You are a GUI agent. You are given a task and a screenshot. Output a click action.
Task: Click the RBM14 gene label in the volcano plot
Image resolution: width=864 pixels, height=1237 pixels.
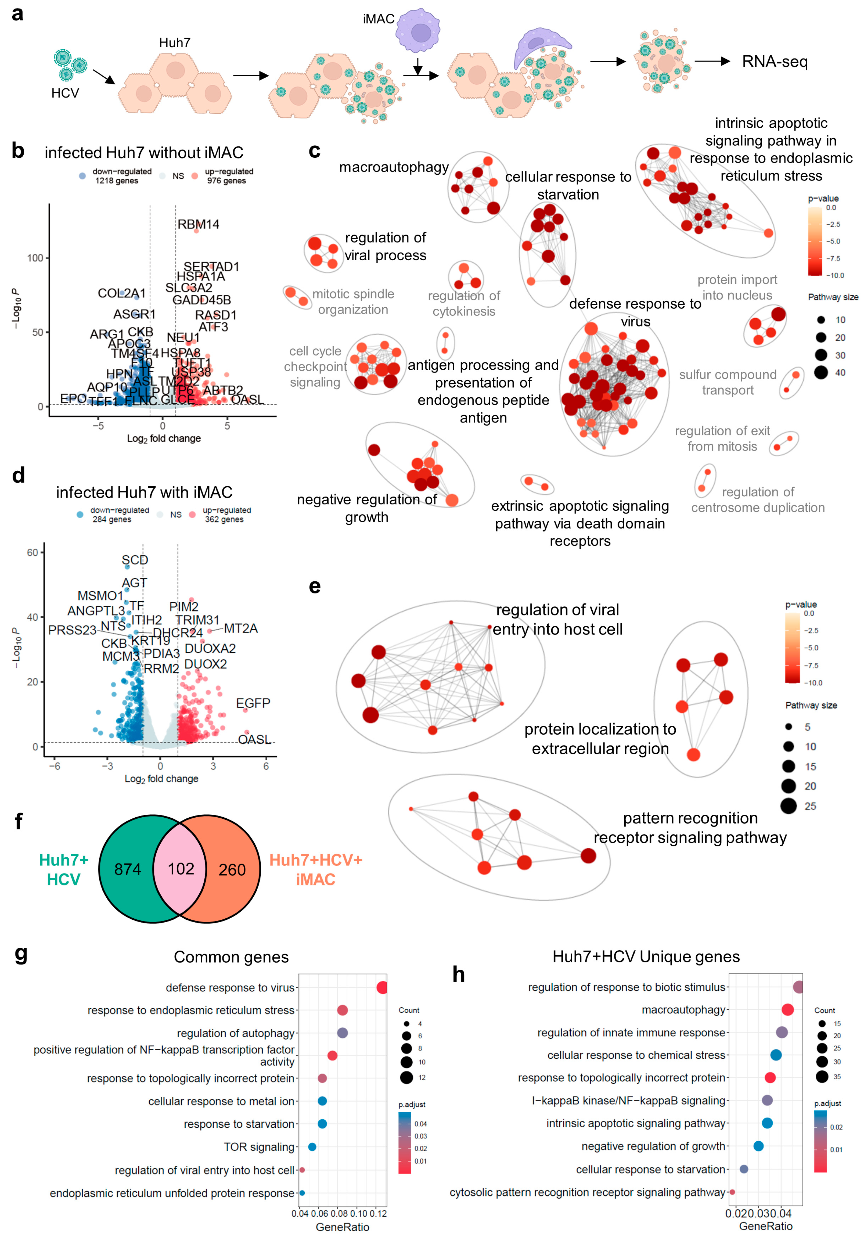point(198,224)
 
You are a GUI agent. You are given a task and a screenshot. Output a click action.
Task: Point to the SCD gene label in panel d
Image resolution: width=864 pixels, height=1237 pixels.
point(135,560)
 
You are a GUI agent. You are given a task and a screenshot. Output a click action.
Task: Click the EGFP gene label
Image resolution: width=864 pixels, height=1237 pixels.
point(253,703)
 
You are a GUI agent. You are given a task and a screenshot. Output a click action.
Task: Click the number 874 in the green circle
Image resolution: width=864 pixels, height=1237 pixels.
point(128,869)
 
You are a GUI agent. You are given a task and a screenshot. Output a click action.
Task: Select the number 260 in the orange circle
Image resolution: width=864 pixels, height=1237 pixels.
point(232,869)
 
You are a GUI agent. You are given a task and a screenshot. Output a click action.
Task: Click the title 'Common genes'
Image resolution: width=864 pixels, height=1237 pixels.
point(231,957)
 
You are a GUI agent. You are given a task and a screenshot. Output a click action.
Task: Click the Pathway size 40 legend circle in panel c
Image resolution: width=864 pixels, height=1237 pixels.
point(821,372)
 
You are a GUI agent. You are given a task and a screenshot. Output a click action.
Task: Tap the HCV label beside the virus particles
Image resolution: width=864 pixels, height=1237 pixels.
point(65,93)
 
